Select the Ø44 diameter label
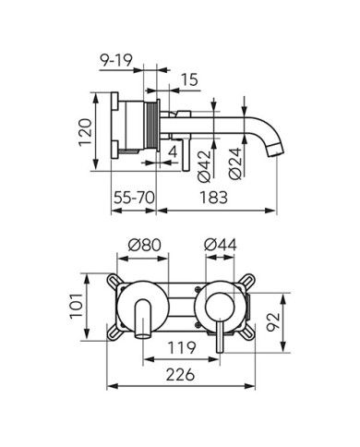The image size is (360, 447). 218,245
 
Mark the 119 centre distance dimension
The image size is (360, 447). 181,351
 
